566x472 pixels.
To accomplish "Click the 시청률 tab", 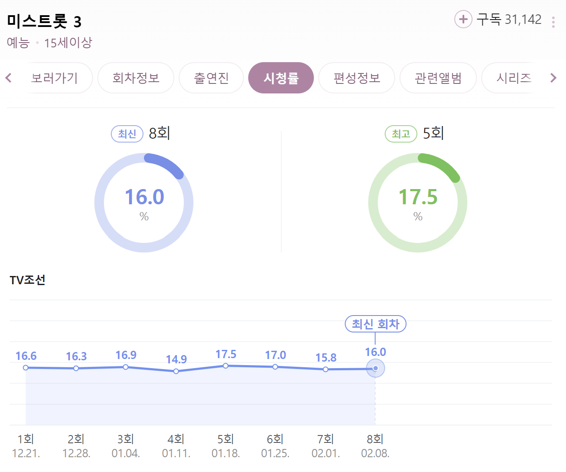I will (x=281, y=78).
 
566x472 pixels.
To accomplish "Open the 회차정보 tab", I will (x=136, y=78).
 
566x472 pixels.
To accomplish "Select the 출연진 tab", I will (x=211, y=78).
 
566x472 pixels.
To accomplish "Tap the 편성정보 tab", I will (x=356, y=78).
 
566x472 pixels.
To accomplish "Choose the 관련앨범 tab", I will (x=438, y=78).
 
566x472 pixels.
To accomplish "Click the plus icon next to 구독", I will (x=463, y=19).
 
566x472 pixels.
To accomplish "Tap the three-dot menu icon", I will (x=553, y=22).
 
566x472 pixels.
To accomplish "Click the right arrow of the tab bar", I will (x=553, y=78).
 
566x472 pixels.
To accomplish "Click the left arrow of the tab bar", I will (x=8, y=78).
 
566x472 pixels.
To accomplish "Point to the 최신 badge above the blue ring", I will (x=127, y=134).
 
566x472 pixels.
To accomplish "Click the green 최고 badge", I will (x=401, y=134).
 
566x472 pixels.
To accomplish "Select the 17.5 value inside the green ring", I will (x=418, y=197).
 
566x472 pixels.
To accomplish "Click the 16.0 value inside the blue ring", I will (x=144, y=197).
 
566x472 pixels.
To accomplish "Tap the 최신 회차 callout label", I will (x=375, y=324).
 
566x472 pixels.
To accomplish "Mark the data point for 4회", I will (x=176, y=371).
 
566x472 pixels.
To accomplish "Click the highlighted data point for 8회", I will (x=375, y=369).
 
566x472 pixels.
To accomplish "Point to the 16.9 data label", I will (x=126, y=355).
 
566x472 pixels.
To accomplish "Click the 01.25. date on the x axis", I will (x=275, y=453).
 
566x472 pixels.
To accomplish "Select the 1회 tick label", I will (x=26, y=439).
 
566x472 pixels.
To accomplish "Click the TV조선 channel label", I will (x=27, y=280).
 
